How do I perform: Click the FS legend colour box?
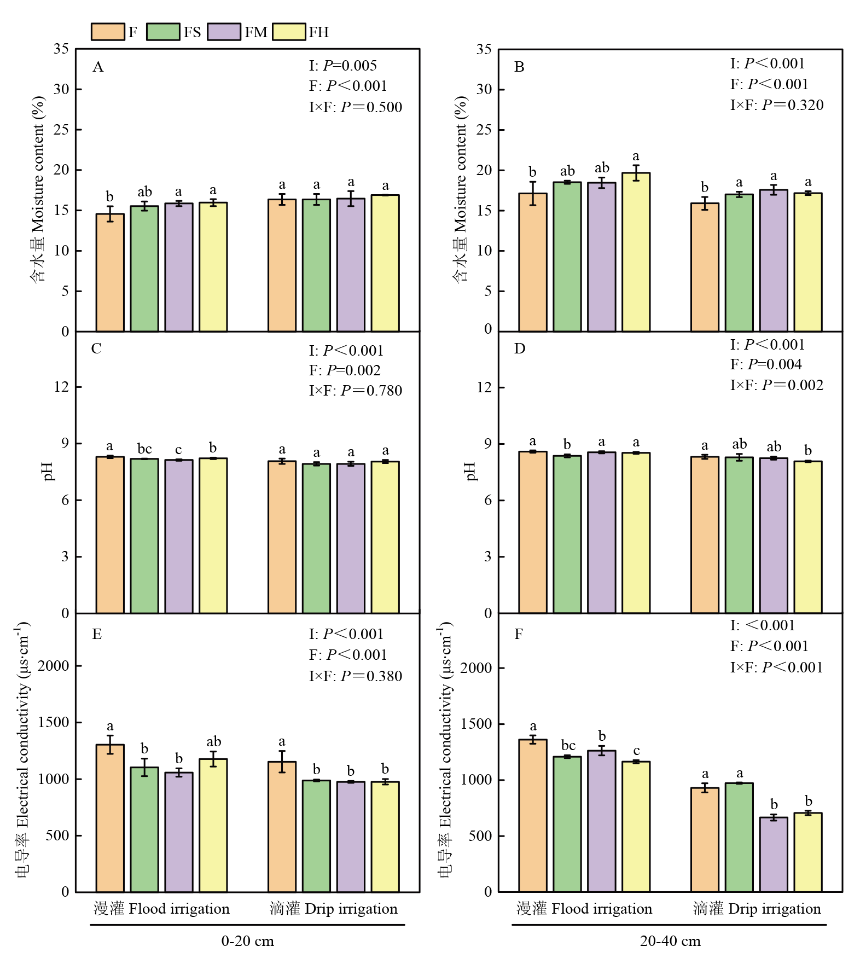click(x=163, y=32)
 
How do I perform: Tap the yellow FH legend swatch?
click(x=289, y=32)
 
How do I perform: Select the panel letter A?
click(x=98, y=67)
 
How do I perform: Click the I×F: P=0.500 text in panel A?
click(x=355, y=107)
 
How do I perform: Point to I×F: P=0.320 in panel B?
click(x=776, y=105)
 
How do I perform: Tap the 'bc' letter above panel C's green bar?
click(x=144, y=449)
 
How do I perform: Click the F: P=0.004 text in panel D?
click(x=766, y=364)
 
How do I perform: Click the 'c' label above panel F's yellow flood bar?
click(x=636, y=751)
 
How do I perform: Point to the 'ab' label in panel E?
click(x=213, y=742)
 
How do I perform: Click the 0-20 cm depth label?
click(x=247, y=941)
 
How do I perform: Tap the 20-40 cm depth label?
click(x=670, y=941)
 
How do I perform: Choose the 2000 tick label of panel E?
click(x=53, y=666)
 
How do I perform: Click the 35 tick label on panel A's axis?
click(x=61, y=49)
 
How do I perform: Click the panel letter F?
click(x=519, y=634)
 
